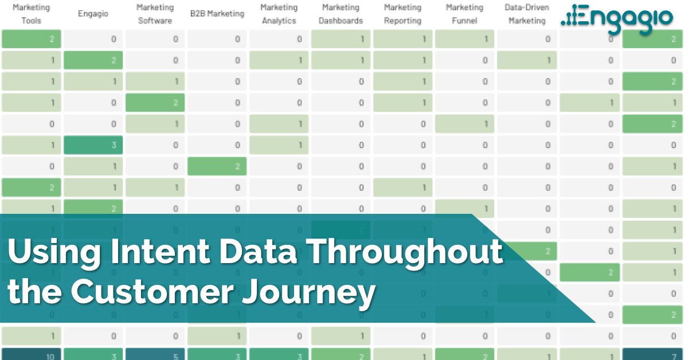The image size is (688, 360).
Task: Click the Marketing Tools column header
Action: (31, 14)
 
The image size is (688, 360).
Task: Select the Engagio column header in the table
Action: (93, 14)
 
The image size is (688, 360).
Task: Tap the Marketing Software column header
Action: (155, 14)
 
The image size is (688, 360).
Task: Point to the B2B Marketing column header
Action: (217, 14)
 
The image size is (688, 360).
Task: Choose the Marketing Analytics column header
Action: (279, 14)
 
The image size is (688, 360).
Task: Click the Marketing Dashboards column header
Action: (342, 14)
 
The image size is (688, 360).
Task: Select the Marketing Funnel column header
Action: (464, 14)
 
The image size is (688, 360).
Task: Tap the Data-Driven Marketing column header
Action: (526, 14)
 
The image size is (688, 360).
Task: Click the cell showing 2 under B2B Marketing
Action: (217, 166)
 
